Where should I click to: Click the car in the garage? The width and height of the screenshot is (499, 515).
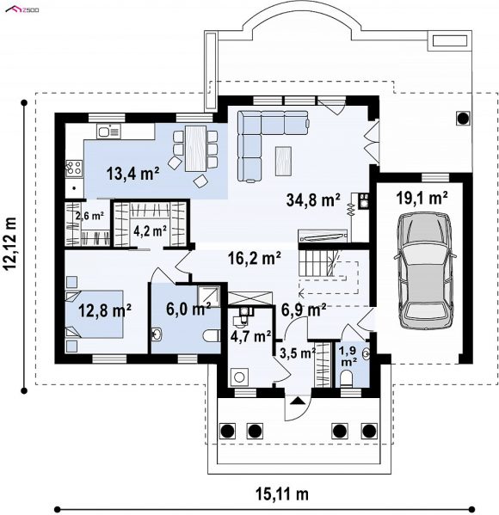(x=423, y=270)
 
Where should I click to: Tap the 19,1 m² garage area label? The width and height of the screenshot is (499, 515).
(x=422, y=199)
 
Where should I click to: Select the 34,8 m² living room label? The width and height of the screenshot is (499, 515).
(x=313, y=199)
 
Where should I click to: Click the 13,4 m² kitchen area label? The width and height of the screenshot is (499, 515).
(x=132, y=174)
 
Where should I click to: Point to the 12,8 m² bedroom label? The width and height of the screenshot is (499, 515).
(x=105, y=310)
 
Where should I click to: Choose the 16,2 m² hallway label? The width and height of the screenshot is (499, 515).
(x=255, y=258)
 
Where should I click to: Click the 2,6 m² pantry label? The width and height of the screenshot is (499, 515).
(x=89, y=216)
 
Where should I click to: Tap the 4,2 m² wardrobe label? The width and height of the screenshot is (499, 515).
(x=150, y=231)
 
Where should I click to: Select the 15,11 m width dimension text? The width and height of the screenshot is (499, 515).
(x=282, y=494)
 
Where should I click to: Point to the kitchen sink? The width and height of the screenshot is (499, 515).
(x=108, y=132)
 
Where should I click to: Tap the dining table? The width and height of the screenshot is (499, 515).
(x=195, y=149)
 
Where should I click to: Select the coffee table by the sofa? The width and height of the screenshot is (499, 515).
(x=283, y=161)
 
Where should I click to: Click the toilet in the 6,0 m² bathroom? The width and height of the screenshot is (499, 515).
(x=212, y=335)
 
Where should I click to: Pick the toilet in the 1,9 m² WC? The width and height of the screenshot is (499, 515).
(x=346, y=378)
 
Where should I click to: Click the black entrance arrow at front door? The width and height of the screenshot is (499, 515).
(x=297, y=400)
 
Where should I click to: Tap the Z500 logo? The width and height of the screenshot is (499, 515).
(x=22, y=9)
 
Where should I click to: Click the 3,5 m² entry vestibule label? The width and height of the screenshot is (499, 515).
(x=298, y=353)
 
